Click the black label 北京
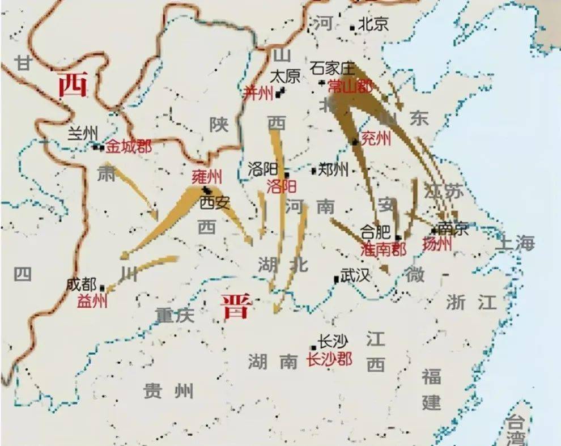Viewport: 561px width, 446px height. (374, 24)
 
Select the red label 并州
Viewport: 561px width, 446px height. (258, 94)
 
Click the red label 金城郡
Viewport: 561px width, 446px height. (129, 146)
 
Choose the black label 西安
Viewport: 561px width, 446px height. (215, 202)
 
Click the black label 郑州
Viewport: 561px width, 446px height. (334, 169)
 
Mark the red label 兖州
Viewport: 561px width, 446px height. (376, 139)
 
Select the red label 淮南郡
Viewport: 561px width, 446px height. (383, 249)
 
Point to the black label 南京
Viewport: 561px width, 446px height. (453, 228)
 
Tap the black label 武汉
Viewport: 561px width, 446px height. (355, 276)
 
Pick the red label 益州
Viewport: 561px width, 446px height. (92, 300)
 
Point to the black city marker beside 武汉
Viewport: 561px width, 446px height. (337, 279)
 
